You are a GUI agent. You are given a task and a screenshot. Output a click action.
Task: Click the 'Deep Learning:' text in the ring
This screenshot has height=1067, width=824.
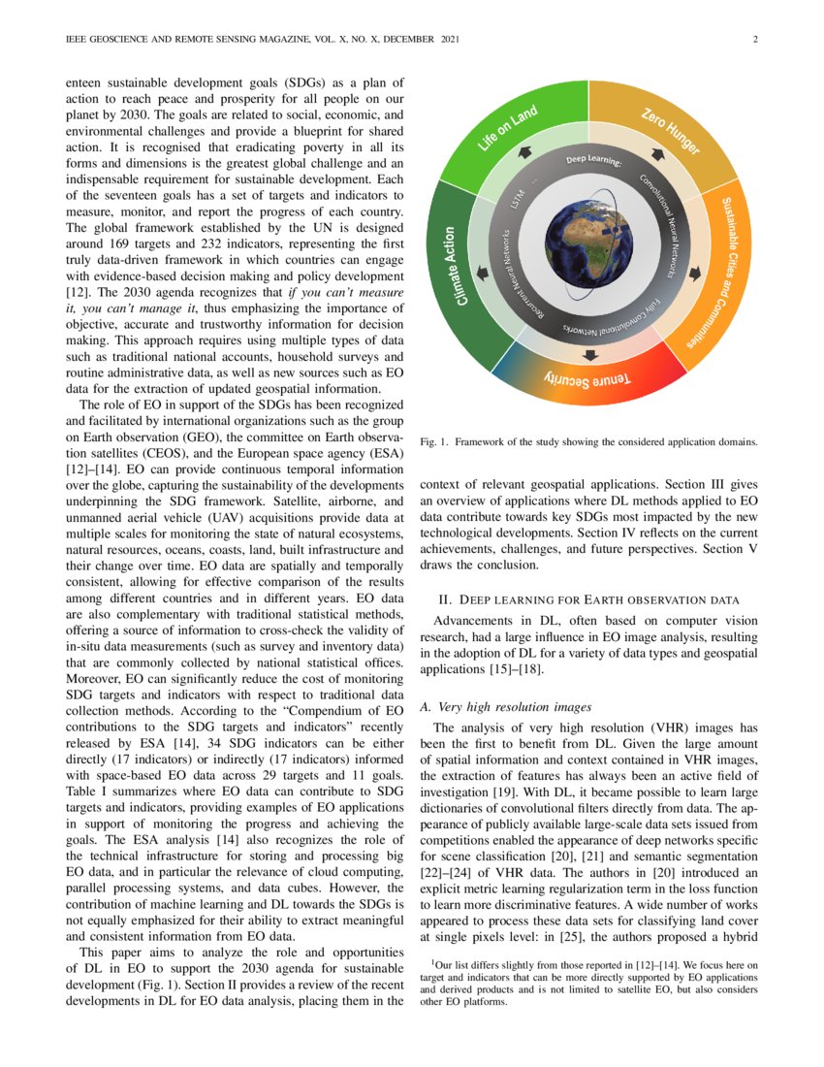point(593,159)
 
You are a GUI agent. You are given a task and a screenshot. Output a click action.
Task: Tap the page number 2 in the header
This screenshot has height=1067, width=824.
point(753,40)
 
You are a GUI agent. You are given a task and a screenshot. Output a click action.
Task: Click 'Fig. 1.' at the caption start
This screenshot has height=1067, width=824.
point(433,441)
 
